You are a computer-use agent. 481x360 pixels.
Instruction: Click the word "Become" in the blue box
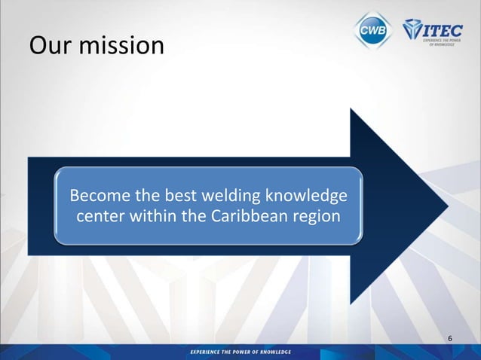click(x=100, y=197)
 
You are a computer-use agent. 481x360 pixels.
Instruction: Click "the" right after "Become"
click(x=148, y=197)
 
